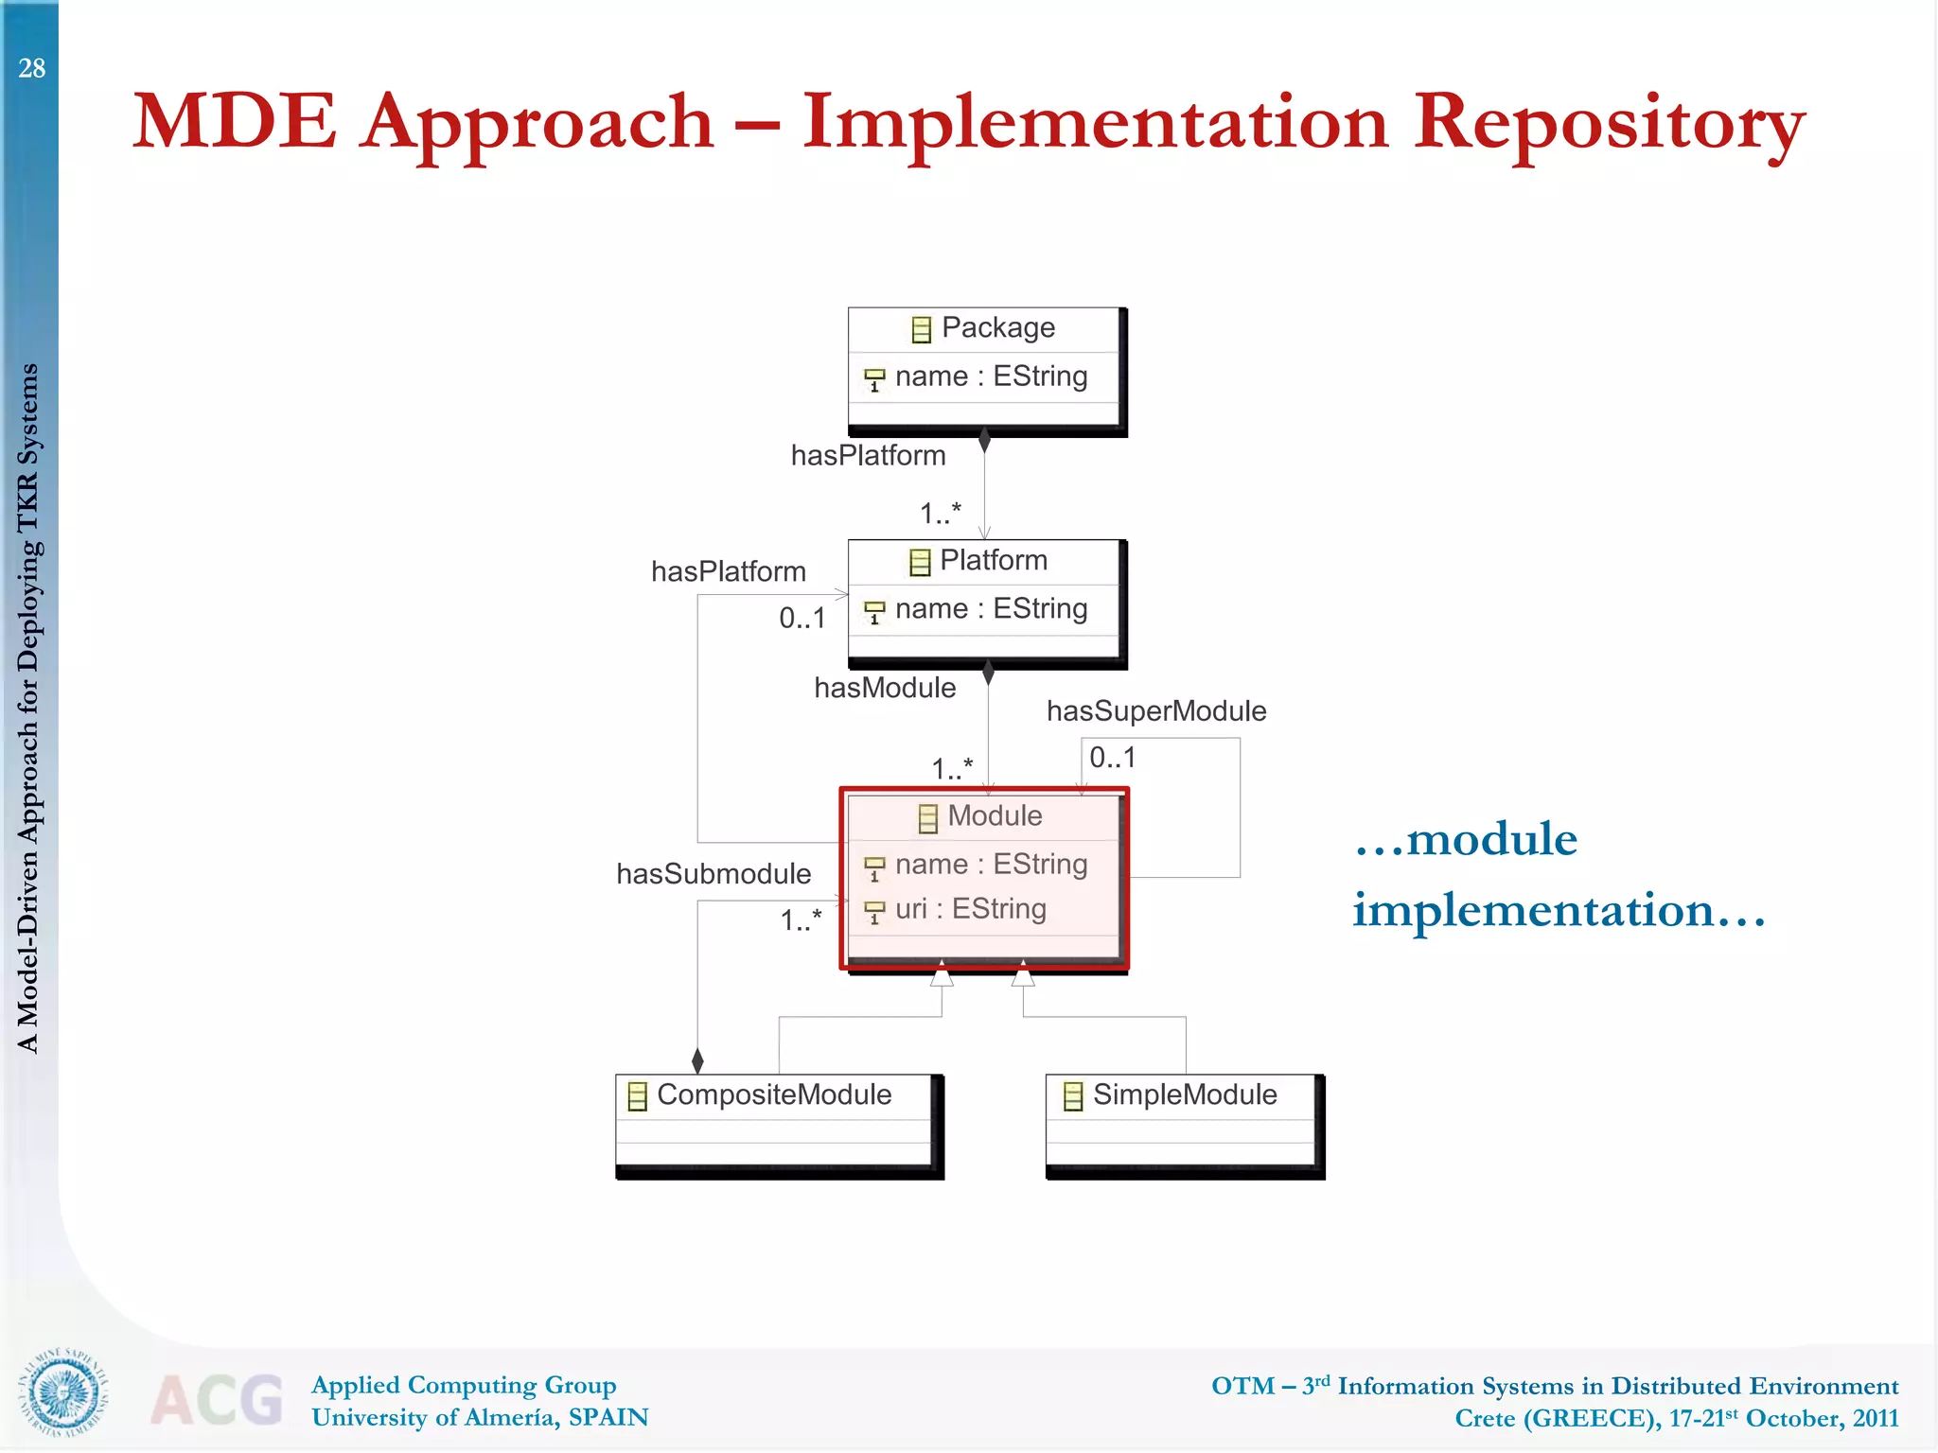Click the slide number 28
(x=31, y=68)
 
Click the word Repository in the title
(x=1609, y=123)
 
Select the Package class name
(x=997, y=327)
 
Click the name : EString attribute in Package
(x=990, y=376)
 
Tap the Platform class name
(x=993, y=560)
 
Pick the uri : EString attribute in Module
(x=970, y=909)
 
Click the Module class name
(x=994, y=815)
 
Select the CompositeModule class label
(x=773, y=1094)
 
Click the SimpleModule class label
(x=1184, y=1094)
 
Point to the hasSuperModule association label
(x=1155, y=711)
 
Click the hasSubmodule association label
(x=714, y=874)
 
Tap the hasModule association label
(x=885, y=688)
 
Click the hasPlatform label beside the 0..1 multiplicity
(x=728, y=571)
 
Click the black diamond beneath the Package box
(x=984, y=440)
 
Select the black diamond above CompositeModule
(x=697, y=1060)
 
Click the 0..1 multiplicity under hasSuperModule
(x=1112, y=758)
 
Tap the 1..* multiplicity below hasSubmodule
(x=801, y=919)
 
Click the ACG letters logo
(x=217, y=1399)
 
